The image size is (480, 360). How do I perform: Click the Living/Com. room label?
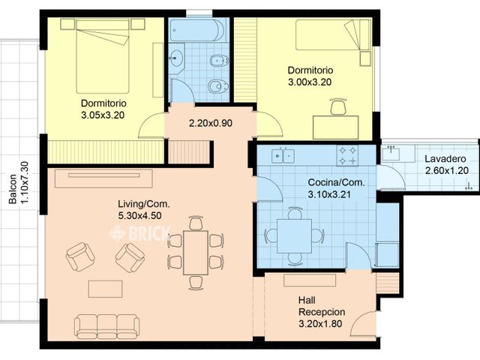[x=143, y=203]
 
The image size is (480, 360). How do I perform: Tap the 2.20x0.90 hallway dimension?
[x=210, y=123]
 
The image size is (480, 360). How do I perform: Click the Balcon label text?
[x=13, y=191]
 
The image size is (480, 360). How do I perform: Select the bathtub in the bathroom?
[x=196, y=31]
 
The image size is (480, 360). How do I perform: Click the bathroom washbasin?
[x=177, y=58]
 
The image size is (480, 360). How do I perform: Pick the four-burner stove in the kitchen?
[x=346, y=155]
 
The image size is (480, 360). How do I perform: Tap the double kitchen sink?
[x=283, y=156]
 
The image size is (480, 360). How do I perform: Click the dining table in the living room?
[x=196, y=252]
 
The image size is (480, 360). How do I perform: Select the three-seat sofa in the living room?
[x=106, y=325]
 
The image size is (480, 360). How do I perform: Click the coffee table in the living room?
[x=105, y=289]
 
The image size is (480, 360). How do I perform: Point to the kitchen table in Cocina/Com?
[x=295, y=235]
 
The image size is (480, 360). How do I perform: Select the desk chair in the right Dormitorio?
[x=338, y=108]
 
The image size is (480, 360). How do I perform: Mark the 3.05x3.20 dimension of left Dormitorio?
[x=103, y=115]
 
